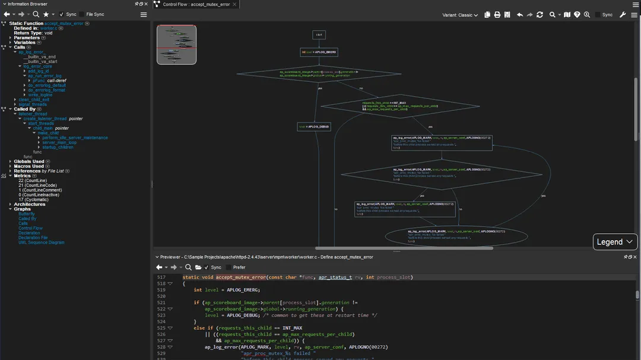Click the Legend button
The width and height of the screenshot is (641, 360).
(615, 242)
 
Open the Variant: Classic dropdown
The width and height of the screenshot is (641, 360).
(460, 15)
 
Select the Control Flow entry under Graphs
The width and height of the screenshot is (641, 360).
(30, 228)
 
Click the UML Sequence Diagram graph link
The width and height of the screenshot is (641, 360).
(41, 243)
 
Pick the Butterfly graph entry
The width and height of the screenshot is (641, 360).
(27, 214)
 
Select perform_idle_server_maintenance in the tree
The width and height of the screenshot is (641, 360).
(75, 138)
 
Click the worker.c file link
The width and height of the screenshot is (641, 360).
(49, 28)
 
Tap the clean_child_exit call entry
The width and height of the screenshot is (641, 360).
(34, 100)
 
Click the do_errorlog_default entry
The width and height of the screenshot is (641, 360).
(47, 85)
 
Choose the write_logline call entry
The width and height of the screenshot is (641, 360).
(40, 95)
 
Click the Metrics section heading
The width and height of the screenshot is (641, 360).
(22, 176)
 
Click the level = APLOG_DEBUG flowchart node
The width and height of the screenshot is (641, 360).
(314, 127)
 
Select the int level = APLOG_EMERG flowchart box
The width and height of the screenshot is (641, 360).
(319, 52)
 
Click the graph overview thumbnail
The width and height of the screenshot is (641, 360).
(176, 44)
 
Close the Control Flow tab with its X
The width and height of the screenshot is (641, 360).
(234, 4)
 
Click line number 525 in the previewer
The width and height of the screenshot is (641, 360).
(161, 328)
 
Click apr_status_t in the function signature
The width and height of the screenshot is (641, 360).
(335, 277)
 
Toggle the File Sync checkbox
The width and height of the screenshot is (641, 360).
(82, 14)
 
